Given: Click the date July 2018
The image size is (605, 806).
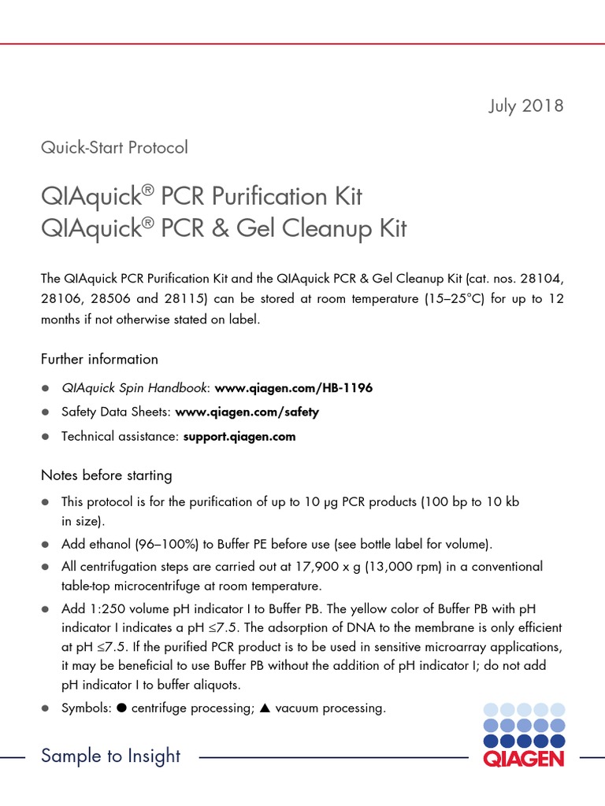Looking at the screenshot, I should point(525,105).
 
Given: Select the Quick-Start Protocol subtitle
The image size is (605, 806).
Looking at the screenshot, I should point(114,147).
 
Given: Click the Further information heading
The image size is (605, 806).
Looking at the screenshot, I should point(99,359).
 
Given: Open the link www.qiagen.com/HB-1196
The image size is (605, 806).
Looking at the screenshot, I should point(293,388).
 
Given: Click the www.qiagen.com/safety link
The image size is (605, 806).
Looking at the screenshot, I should point(247,412).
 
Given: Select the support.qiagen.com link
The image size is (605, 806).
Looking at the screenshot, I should point(239,436).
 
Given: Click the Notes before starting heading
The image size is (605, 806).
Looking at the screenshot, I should point(106,475).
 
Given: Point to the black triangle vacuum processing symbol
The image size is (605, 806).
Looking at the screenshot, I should point(265,708).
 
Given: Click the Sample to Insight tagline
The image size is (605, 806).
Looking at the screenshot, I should point(110,756).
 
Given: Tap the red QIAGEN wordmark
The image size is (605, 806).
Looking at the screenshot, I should point(524,759).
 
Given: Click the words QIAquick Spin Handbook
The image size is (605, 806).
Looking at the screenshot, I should point(135,388).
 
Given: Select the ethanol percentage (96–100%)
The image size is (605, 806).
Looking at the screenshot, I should point(161,544).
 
